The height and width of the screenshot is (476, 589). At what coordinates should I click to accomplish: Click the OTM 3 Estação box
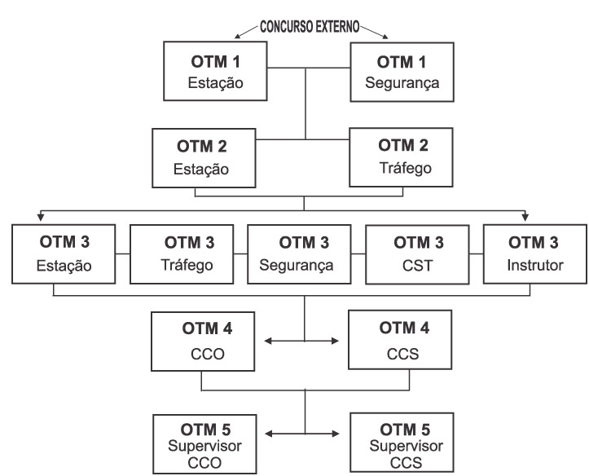[62, 253]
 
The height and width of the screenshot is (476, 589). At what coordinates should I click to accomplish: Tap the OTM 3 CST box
[416, 253]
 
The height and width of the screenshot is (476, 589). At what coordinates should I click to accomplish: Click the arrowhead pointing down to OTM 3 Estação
[40, 218]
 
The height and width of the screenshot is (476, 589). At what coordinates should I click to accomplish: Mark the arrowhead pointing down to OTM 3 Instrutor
[525, 218]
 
